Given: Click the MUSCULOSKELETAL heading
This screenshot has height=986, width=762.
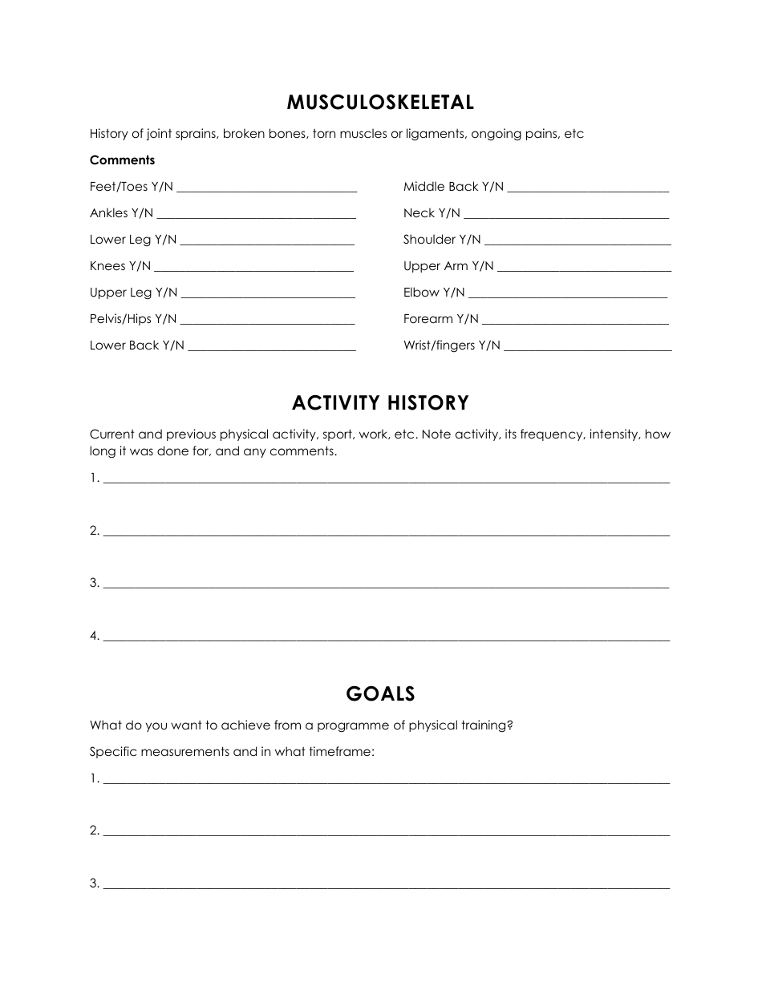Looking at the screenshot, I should (x=380, y=103).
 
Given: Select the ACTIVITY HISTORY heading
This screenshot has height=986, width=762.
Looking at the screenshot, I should (x=380, y=402).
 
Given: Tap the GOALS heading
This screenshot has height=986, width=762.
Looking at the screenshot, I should (x=380, y=693).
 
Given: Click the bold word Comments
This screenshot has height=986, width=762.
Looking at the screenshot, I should (x=122, y=160).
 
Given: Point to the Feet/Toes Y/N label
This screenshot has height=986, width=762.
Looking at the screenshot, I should (x=131, y=187).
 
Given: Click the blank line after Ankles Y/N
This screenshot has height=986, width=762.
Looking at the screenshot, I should (x=256, y=215).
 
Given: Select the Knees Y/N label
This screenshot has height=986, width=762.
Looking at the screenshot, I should (x=120, y=266).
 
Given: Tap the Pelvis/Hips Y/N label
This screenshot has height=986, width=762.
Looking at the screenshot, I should (x=133, y=319).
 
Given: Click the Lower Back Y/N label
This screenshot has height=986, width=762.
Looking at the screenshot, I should (x=136, y=346).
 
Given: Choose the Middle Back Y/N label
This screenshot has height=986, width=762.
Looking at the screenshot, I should (x=453, y=187).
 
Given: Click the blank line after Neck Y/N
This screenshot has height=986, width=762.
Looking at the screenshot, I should (x=566, y=215).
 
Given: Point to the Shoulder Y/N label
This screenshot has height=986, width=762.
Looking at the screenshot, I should (x=442, y=240).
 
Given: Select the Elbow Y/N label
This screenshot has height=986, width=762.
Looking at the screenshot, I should (x=434, y=293).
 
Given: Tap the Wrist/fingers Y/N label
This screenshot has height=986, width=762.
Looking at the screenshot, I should (x=452, y=346).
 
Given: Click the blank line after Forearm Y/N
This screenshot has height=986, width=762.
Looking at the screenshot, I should (x=575, y=321).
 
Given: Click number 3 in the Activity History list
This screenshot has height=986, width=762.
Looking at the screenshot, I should (x=94, y=583).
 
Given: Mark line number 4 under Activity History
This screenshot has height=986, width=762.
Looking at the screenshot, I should (x=386, y=638).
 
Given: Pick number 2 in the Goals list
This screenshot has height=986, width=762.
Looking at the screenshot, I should (x=94, y=830).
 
